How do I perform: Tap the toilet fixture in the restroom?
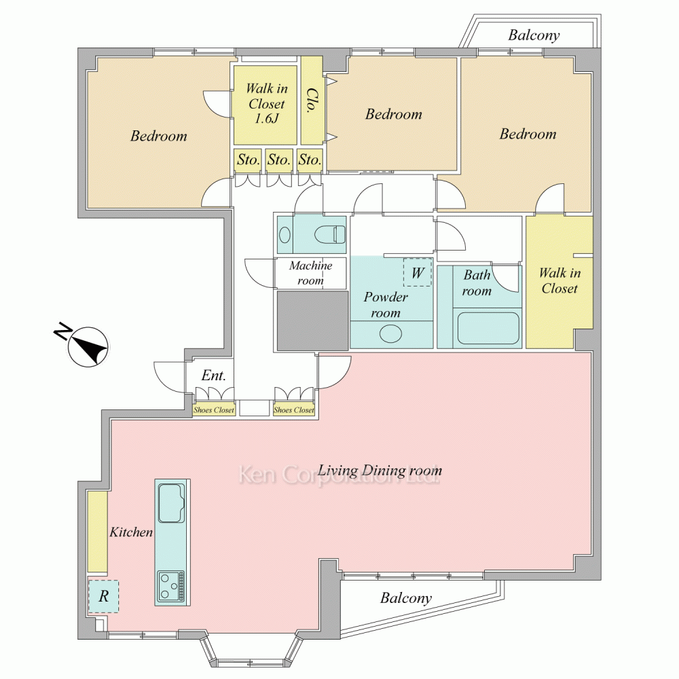[x=329, y=234]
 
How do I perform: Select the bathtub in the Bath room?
[x=488, y=328]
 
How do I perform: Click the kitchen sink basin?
[x=172, y=502]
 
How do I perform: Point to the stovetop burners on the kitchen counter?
[x=172, y=587]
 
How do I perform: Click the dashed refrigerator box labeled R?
[x=103, y=596]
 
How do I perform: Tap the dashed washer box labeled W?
[x=418, y=272]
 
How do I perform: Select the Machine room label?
[x=310, y=273]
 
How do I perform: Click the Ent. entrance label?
[x=213, y=375]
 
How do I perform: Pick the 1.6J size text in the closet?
[x=266, y=118]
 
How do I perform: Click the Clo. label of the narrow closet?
[x=312, y=101]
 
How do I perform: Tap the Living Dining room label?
[x=380, y=471]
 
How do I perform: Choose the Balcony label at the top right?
[x=534, y=35]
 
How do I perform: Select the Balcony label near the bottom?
[x=406, y=598]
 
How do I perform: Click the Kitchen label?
[x=131, y=532]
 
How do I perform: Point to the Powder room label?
[x=386, y=304]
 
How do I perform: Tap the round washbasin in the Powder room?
[x=390, y=334]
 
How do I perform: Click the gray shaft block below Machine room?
[x=312, y=320]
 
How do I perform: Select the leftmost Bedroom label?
[x=158, y=136]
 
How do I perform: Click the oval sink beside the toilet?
[x=285, y=235]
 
